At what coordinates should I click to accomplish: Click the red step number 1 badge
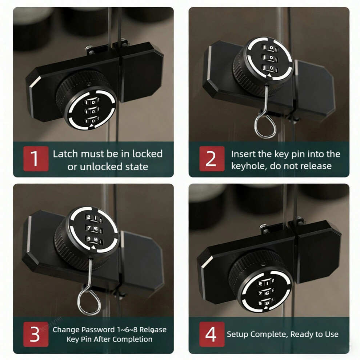click(x=36, y=159)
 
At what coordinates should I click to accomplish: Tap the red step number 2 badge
click(x=212, y=159)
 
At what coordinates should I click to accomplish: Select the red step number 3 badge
click(x=36, y=334)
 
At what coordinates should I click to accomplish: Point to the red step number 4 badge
click(x=212, y=334)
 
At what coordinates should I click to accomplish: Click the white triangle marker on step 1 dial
click(x=92, y=125)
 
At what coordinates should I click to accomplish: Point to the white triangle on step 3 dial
click(x=93, y=247)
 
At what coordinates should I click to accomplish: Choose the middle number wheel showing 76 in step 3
click(x=93, y=228)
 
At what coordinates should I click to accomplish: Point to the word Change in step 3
click(x=66, y=330)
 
